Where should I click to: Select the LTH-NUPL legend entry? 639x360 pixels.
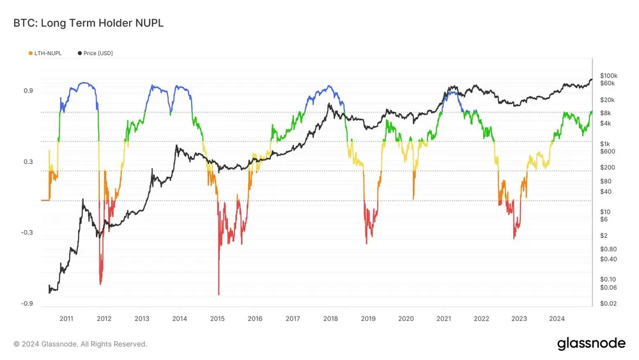45,53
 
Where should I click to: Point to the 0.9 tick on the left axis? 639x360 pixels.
28,91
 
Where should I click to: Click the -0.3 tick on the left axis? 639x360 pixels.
27,233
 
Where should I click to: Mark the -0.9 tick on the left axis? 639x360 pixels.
27,304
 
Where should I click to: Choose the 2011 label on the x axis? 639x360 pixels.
66,318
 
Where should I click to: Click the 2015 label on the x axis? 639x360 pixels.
217,318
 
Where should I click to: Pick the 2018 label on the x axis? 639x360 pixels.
330,318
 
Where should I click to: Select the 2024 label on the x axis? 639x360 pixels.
557,318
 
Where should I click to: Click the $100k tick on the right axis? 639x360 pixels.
608,75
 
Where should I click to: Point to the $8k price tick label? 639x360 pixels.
605,113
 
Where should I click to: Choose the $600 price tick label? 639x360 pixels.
606,152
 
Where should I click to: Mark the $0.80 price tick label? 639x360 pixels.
608,249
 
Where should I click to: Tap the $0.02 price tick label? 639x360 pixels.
608,303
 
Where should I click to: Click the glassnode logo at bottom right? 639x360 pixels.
591,343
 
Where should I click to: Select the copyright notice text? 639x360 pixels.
81,344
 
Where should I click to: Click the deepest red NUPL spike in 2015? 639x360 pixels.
219,293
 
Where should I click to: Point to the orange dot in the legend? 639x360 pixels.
30,53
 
